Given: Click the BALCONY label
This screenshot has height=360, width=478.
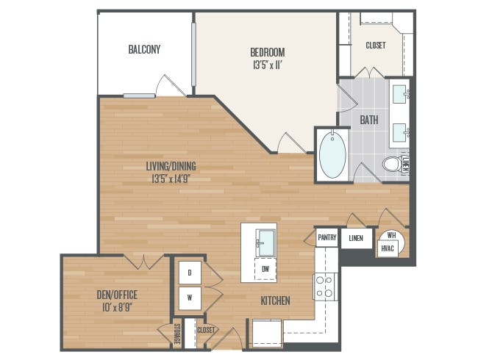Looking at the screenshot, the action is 144,49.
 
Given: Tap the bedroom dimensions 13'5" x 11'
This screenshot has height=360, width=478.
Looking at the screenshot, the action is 267,65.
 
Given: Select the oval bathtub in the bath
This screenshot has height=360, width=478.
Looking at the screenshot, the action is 332,155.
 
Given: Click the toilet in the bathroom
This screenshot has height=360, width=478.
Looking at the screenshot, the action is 393,165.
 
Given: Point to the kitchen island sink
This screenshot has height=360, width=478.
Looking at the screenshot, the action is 266,242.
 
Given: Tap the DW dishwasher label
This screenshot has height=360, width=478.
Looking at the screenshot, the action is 265,269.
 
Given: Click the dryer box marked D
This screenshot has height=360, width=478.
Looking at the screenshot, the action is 190,273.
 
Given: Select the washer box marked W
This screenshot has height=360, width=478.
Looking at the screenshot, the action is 190,298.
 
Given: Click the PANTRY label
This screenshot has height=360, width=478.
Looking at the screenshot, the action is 327,237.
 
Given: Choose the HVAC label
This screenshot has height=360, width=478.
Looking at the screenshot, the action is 388,248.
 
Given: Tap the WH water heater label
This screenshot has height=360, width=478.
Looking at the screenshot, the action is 391,235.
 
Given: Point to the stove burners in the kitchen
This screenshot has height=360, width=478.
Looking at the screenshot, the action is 324,287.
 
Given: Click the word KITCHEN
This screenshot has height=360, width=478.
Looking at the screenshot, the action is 275,301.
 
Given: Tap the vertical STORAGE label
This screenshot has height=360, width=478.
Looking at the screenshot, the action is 176,334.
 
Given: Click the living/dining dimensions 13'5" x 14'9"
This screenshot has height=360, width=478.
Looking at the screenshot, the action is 171,179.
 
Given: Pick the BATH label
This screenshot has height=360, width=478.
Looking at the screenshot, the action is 369,120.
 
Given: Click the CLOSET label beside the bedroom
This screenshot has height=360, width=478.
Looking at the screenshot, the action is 376,46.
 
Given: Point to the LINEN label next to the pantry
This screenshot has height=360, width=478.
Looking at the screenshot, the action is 356,238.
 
